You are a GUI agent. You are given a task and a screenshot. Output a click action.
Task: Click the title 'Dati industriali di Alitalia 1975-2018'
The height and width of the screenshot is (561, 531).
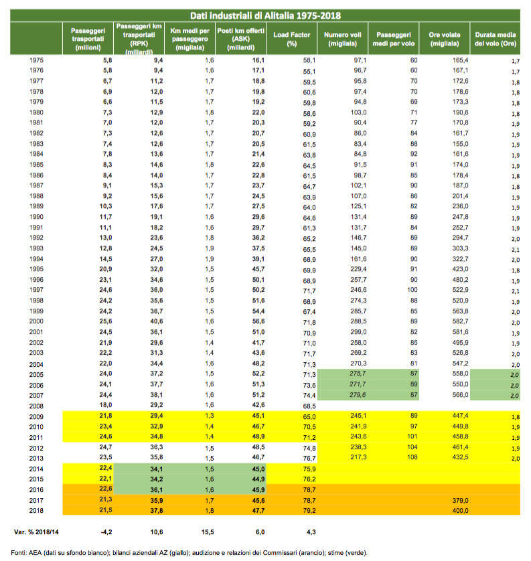(x=265, y=15)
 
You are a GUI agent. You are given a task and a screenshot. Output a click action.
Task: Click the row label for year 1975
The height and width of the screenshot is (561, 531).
(x=38, y=60)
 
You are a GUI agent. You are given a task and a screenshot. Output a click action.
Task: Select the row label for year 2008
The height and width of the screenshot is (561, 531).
(x=38, y=405)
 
